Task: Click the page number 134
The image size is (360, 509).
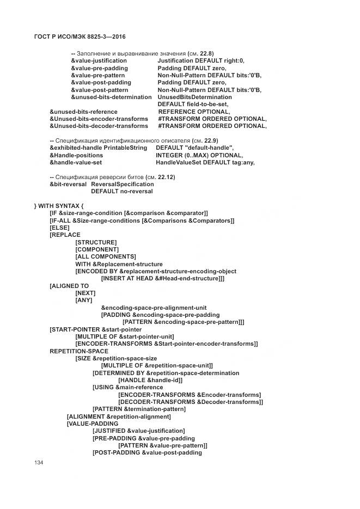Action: tap(39, 463)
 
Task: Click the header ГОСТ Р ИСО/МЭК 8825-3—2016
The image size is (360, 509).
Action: tap(76, 36)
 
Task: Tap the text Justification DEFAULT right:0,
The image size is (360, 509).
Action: tap(201, 61)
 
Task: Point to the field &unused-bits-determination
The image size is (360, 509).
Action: tap(111, 97)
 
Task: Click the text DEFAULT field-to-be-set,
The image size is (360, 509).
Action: tap(193, 104)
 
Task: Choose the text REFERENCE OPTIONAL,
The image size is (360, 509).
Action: tap(194, 112)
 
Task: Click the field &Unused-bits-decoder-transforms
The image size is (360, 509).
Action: tap(99, 126)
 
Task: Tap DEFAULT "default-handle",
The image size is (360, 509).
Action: tap(194, 148)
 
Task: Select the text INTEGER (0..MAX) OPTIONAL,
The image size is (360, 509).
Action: tap(199, 155)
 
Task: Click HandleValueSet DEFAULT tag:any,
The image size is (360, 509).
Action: tap(205, 162)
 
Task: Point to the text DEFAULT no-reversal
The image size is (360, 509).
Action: tap(121, 191)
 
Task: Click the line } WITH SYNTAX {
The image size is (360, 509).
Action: tap(59, 206)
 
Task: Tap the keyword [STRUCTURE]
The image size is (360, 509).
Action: tap(96, 242)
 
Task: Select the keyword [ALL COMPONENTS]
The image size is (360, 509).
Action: tap(105, 256)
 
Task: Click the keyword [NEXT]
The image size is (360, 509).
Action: tap(85, 293)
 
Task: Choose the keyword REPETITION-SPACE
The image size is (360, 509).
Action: tap(79, 351)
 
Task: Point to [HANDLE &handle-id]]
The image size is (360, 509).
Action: tap(150, 380)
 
